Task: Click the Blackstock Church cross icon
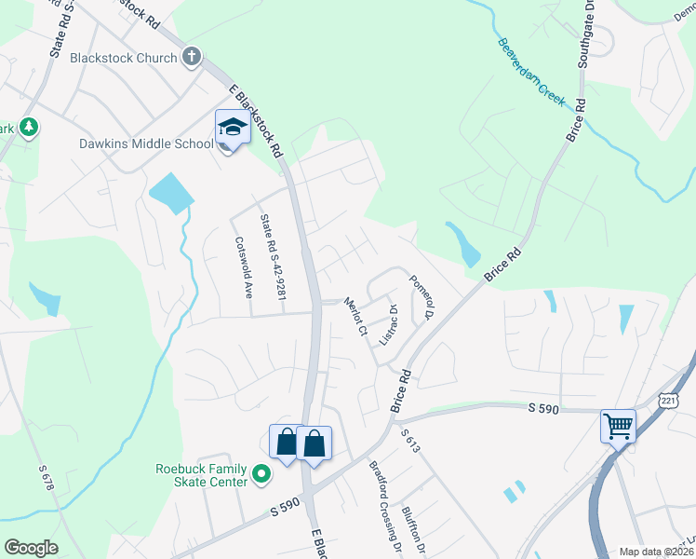(192, 57)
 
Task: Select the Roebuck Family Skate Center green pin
(261, 475)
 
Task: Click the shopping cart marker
(618, 428)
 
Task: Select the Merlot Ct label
(357, 316)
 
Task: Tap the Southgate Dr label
(586, 36)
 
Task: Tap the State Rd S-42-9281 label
(273, 258)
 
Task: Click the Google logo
(31, 548)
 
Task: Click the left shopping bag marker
(286, 443)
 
